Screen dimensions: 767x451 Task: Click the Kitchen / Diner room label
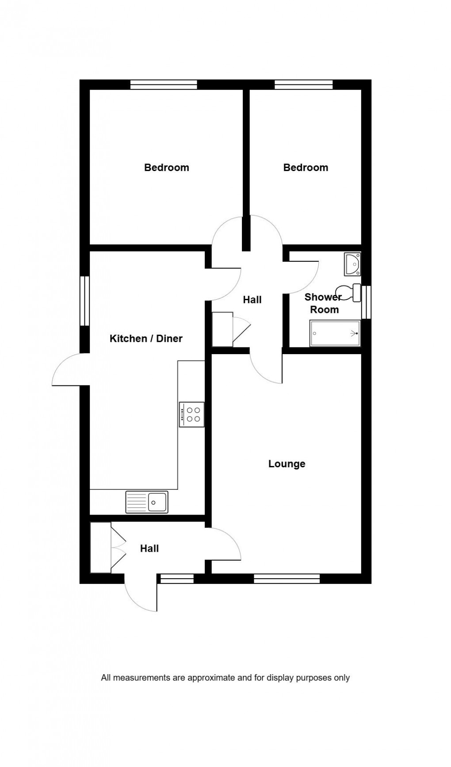tap(146, 339)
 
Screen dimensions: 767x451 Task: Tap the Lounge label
tap(287, 464)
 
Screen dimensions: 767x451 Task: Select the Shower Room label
tap(324, 303)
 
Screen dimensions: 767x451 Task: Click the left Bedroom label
tap(166, 168)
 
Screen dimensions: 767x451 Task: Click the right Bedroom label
tap(306, 168)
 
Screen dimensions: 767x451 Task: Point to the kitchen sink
tap(147, 502)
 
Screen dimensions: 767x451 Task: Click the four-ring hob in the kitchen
tap(192, 414)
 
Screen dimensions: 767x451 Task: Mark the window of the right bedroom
tap(303, 84)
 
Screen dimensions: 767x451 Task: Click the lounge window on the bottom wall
tap(287, 578)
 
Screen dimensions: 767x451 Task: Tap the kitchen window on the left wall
tap(84, 301)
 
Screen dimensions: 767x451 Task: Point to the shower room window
tap(366, 302)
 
